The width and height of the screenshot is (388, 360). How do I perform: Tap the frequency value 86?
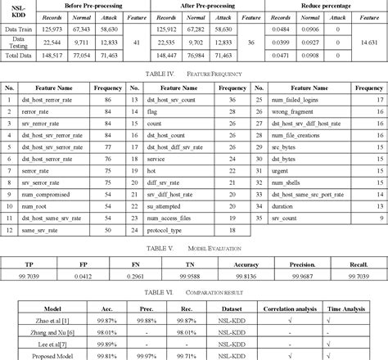coord(108,99)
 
